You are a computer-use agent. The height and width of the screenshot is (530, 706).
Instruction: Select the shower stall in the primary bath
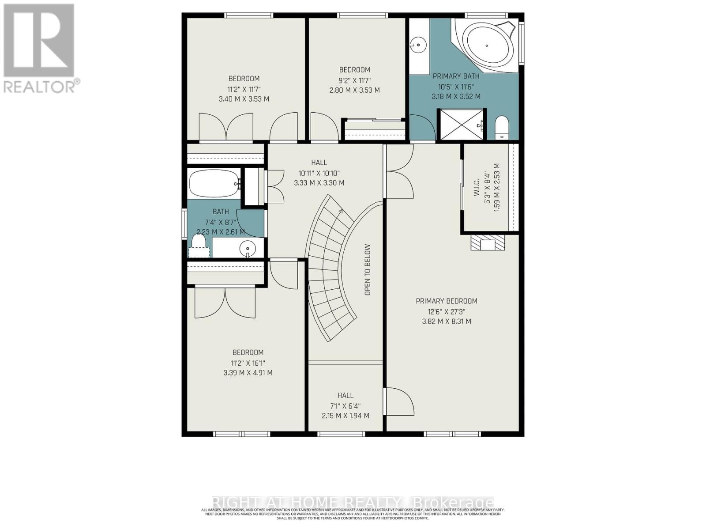pos(461,125)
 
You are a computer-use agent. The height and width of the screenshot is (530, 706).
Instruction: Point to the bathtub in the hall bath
pos(214,183)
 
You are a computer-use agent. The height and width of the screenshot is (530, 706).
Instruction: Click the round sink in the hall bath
pos(248,249)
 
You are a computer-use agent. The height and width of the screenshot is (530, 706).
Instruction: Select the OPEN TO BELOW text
pos(368,270)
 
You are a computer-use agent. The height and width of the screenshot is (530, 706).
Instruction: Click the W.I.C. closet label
pos(477,187)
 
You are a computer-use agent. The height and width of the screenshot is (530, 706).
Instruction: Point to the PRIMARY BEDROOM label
pos(447,301)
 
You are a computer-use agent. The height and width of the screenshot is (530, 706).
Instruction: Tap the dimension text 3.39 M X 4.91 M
pos(248,373)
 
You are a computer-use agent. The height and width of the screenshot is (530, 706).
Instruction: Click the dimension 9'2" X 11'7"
pos(355,80)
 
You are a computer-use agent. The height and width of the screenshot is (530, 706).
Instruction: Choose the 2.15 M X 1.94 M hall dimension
pos(345,416)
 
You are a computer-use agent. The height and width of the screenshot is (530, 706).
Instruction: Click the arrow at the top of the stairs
pos(340,212)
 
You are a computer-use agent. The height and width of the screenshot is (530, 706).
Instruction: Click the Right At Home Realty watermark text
pos(353,502)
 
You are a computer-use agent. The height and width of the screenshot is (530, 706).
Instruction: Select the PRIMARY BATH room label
pos(456,76)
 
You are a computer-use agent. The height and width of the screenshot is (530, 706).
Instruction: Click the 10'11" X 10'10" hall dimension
pos(319,173)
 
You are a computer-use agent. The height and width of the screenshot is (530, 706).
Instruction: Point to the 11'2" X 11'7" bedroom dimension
pos(244,89)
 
